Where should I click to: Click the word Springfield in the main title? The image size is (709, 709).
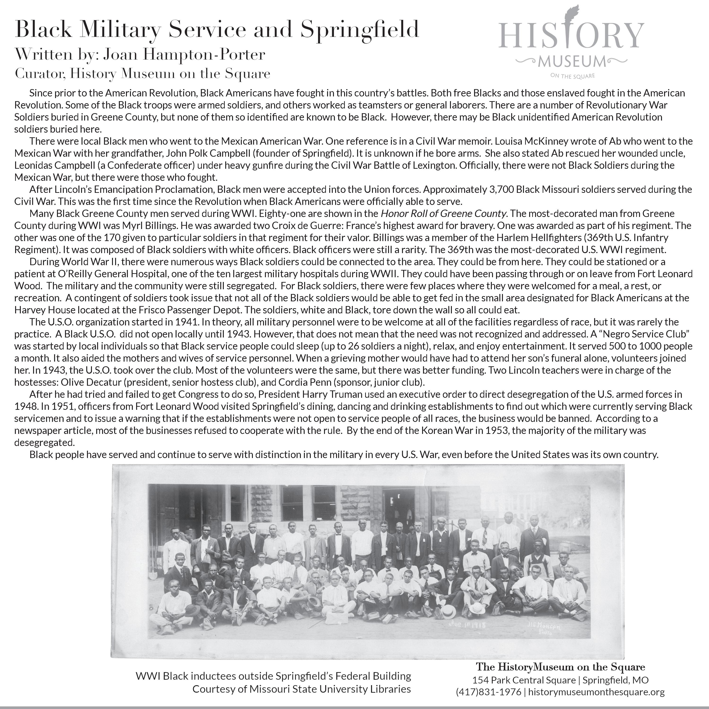(x=360, y=29)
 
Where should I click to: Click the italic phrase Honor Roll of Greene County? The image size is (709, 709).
(x=444, y=214)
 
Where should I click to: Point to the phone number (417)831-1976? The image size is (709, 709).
(x=489, y=692)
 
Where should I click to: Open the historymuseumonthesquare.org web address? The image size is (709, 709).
(x=596, y=692)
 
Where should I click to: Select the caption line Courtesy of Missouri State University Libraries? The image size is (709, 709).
(x=301, y=689)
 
